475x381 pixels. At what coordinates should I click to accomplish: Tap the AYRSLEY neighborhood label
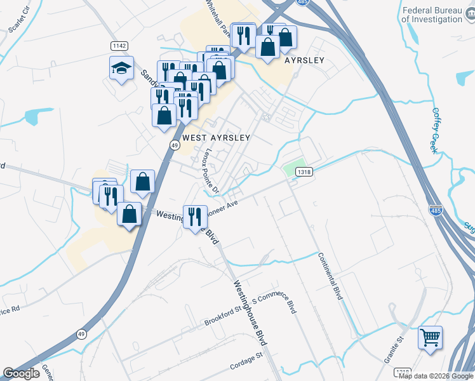tap(304, 60)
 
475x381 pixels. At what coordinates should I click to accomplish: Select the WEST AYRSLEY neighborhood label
tap(216, 137)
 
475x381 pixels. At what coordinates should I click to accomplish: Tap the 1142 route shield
tap(119, 46)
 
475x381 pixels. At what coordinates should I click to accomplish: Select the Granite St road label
tap(394, 350)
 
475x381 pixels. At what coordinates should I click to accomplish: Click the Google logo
tap(21, 373)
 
